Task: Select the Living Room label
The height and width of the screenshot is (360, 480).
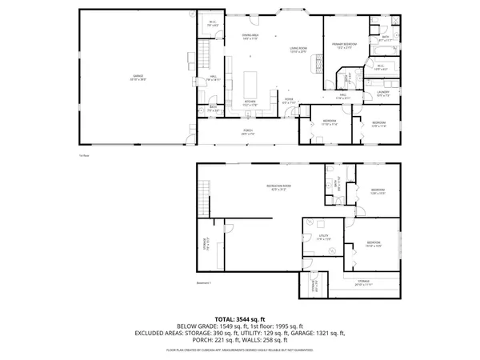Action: tap(299, 50)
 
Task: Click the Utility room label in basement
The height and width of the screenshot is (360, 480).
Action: tap(324, 238)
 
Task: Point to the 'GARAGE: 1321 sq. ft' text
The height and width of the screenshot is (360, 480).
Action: tap(317, 334)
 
